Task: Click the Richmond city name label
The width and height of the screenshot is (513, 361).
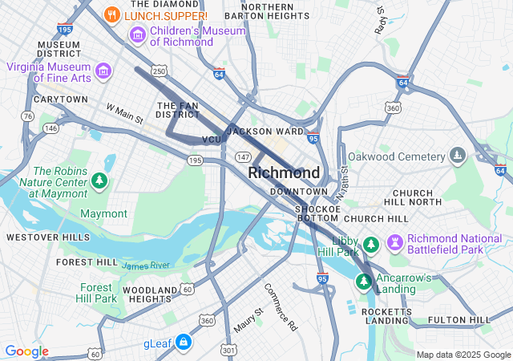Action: tap(284, 172)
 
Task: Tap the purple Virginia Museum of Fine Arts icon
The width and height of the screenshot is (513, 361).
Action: tap(103, 72)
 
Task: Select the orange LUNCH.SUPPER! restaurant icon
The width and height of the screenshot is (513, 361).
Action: tap(112, 14)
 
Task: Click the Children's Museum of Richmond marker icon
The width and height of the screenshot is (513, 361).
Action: tap(137, 35)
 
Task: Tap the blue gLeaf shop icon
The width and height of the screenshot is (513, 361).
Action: tap(184, 343)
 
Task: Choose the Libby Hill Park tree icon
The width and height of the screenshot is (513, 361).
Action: tap(370, 244)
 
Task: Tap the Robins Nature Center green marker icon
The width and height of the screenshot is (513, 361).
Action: tap(99, 181)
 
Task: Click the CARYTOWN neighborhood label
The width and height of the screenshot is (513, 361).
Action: tap(61, 99)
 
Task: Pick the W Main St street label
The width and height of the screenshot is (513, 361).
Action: tap(124, 113)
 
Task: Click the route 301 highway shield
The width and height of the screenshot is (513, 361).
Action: tap(230, 350)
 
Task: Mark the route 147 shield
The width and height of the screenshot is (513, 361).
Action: tap(244, 156)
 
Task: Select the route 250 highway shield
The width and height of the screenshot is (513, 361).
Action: tap(159, 71)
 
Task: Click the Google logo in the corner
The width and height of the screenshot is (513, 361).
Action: tap(26, 351)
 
